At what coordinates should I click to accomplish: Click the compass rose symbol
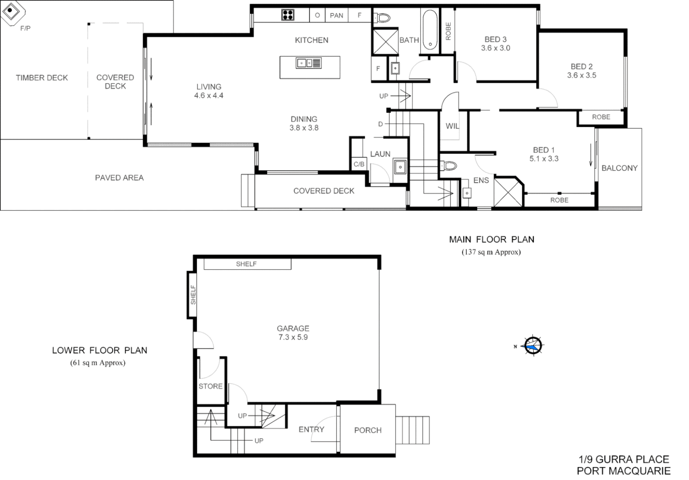532,345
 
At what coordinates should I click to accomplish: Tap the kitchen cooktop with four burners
288,15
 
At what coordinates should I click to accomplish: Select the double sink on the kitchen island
309,63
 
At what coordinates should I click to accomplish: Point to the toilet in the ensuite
449,166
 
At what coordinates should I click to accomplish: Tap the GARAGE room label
293,328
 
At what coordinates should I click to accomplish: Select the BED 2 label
581,67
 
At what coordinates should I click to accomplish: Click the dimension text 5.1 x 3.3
544,159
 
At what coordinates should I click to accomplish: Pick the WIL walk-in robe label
452,126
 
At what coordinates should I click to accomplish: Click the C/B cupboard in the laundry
359,164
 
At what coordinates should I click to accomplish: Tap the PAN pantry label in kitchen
336,16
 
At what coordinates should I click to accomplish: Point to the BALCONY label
619,168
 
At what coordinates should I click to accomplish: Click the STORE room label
211,386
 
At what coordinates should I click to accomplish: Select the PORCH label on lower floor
367,430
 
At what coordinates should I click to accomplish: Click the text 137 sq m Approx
491,252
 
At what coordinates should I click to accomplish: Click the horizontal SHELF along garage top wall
247,264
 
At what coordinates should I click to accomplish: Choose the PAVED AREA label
119,178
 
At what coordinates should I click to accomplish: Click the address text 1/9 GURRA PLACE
623,459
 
